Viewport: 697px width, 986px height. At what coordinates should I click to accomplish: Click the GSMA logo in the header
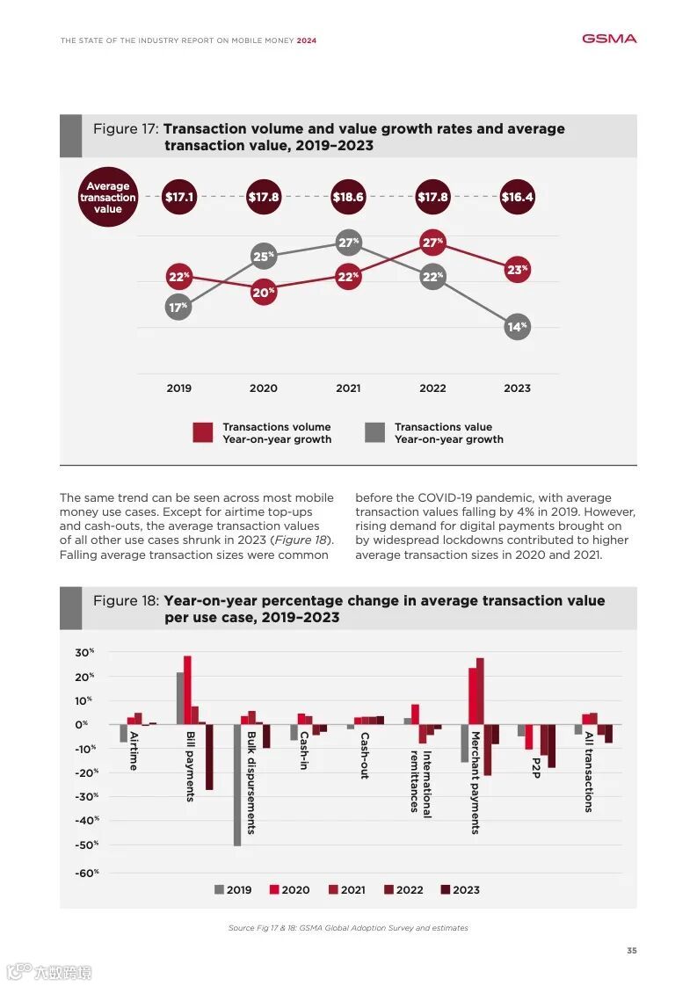tap(609, 39)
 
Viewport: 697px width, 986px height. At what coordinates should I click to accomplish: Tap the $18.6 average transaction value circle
tap(348, 197)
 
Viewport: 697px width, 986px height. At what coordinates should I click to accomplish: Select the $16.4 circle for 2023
tap(518, 197)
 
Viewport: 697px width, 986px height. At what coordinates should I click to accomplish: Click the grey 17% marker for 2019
tap(178, 307)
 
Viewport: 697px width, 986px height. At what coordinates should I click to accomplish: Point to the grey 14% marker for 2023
tap(518, 327)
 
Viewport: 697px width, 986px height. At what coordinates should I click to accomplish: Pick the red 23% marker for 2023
tap(518, 270)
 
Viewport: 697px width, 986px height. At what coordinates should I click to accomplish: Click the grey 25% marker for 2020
tap(264, 257)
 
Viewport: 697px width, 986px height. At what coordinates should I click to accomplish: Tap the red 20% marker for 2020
tap(264, 292)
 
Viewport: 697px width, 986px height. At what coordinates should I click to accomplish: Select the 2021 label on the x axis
tap(348, 388)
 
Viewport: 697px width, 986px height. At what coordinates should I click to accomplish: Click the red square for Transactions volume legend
tap(203, 432)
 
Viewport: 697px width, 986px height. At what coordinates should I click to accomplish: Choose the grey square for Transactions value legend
tap(375, 432)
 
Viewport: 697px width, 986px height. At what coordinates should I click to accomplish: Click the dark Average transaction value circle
tap(108, 198)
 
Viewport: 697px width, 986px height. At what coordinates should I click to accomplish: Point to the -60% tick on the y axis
tap(86, 873)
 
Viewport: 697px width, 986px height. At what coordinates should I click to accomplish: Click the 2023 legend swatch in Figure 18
tap(446, 889)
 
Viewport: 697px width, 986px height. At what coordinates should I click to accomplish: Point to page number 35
tap(631, 951)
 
